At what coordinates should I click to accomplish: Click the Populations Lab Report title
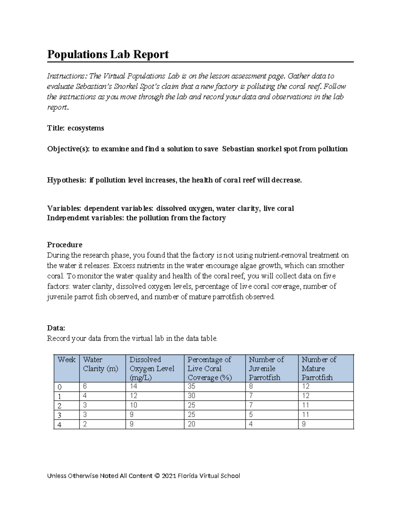pyautogui.click(x=108, y=54)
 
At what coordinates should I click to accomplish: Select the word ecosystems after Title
pyautogui.click(x=86, y=128)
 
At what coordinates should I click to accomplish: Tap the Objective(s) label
pyautogui.click(x=68, y=149)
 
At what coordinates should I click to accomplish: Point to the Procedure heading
pyautogui.click(x=64, y=245)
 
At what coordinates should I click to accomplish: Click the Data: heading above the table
pyautogui.click(x=56, y=328)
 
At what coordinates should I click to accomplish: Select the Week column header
pyautogui.click(x=66, y=360)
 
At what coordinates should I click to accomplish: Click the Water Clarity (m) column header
pyautogui.click(x=100, y=364)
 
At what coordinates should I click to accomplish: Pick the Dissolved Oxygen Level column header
pyautogui.click(x=152, y=368)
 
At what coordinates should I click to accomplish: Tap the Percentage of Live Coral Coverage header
pyautogui.click(x=210, y=368)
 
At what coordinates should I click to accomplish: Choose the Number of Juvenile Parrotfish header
pyautogui.click(x=266, y=368)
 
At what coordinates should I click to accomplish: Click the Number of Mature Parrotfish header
pyautogui.click(x=319, y=368)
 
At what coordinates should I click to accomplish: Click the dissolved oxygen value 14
pyautogui.click(x=133, y=386)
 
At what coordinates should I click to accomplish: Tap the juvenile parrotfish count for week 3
pyautogui.click(x=251, y=415)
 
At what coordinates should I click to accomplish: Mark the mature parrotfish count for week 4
pyautogui.click(x=303, y=424)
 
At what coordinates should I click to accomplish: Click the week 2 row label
pyautogui.click(x=59, y=406)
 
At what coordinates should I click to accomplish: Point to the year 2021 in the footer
pyautogui.click(x=169, y=476)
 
